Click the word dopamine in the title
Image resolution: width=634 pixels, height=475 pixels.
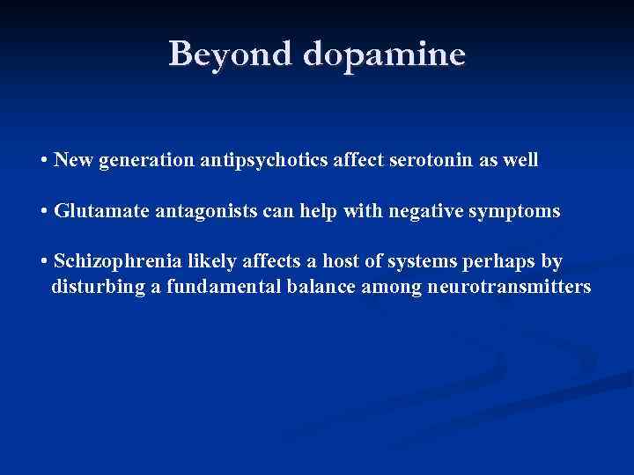(x=383, y=55)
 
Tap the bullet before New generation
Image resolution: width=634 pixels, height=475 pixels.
(x=44, y=162)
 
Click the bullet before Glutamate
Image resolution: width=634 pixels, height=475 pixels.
(x=44, y=213)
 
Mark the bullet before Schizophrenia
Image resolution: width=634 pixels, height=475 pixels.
(x=44, y=263)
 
